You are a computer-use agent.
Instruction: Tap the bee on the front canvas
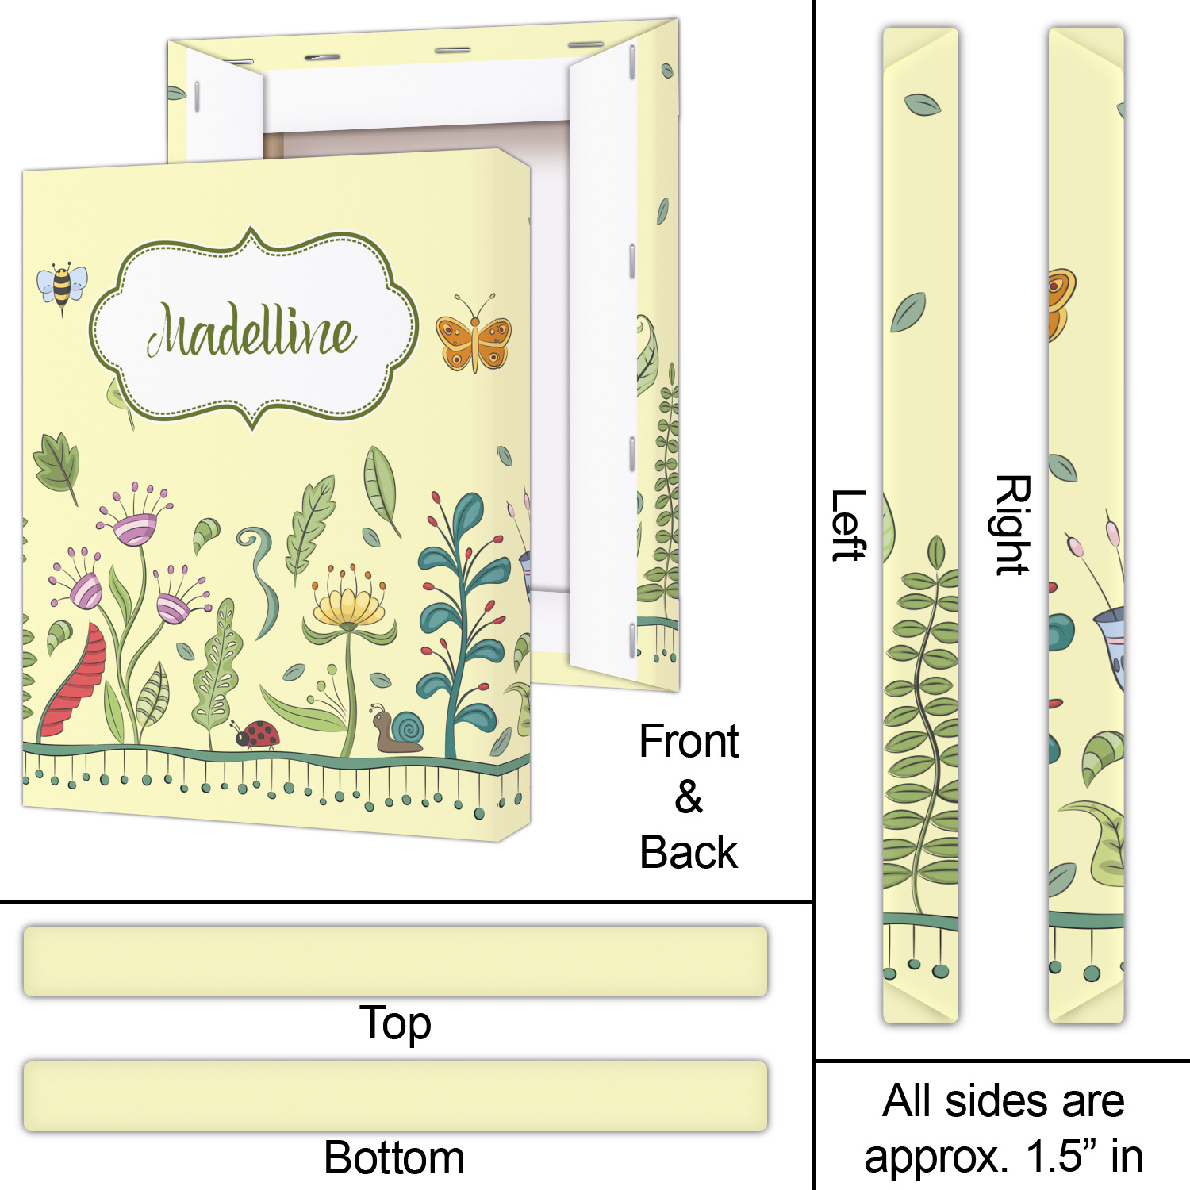[62, 286]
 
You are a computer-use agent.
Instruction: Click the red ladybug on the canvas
[258, 734]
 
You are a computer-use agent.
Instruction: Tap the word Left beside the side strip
[848, 525]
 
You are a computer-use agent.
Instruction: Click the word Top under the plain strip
[395, 1023]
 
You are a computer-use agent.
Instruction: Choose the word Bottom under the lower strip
[394, 1157]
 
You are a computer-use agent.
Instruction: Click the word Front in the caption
[689, 742]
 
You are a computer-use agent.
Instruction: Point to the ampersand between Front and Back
[689, 797]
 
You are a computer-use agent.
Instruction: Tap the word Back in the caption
[689, 853]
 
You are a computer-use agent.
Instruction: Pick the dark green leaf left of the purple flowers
[57, 464]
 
